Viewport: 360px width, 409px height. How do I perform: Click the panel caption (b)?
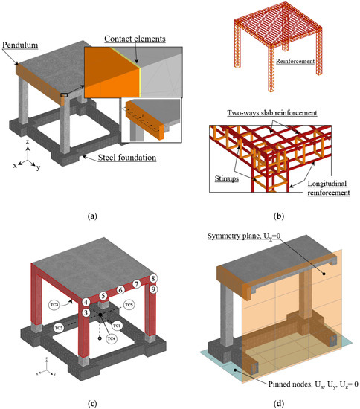pos(268,217)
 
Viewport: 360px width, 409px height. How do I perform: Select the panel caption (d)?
pos(268,404)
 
